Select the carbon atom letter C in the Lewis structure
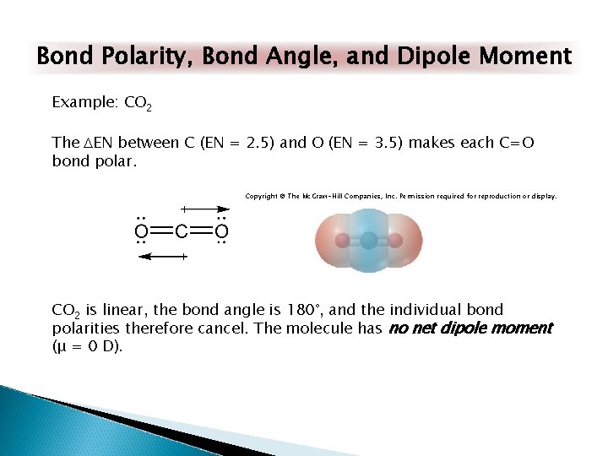tap(181, 231)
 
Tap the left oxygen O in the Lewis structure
tap(141, 231)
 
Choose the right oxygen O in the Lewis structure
tap(221, 231)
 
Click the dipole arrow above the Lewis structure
tap(205, 208)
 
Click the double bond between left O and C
tap(160, 231)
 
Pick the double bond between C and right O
tap(201, 231)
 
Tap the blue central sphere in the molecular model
tap(369, 241)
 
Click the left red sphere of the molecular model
tap(340, 241)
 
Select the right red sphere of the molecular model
tap(398, 241)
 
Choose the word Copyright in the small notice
tap(262, 196)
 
